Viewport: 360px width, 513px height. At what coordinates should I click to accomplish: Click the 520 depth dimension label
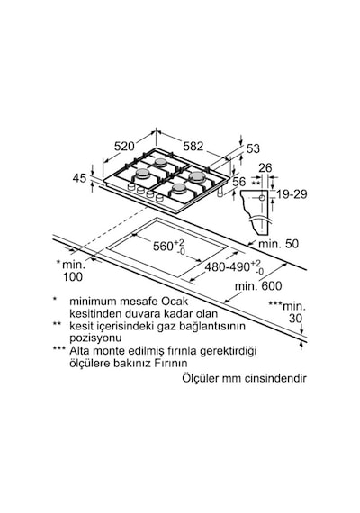124,146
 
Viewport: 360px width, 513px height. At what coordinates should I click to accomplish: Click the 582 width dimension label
193,146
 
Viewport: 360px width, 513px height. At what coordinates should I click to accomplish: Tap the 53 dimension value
253,148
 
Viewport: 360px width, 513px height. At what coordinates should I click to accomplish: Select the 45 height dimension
79,178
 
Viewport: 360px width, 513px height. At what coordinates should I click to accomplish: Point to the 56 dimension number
238,182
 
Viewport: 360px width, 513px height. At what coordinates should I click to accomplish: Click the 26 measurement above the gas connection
265,167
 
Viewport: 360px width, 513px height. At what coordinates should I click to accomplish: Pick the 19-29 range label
292,194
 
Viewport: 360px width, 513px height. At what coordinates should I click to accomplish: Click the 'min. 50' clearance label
278,244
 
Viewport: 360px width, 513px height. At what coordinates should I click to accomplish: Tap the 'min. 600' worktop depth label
258,286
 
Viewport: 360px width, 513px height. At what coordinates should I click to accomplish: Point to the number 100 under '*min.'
73,277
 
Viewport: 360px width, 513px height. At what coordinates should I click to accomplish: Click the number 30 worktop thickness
295,319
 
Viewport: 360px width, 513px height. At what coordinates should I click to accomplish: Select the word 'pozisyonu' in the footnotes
95,338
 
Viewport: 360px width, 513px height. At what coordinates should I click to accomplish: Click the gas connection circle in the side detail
262,198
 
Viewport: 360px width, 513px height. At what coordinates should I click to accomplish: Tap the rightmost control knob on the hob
159,198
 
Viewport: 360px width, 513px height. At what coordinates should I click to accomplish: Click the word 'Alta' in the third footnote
79,351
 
